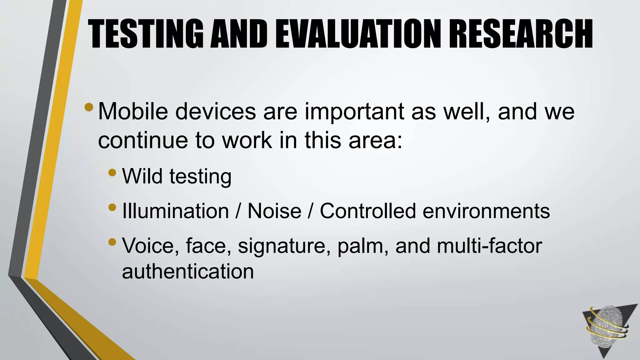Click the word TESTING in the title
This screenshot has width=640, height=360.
click(x=146, y=34)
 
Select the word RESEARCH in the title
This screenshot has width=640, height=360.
click(x=520, y=34)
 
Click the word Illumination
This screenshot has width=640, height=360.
click(x=176, y=211)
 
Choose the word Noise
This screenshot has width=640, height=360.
click(x=274, y=211)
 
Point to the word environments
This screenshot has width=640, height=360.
click(x=486, y=211)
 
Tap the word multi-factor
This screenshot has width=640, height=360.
click(x=489, y=246)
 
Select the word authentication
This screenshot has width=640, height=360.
click(x=188, y=271)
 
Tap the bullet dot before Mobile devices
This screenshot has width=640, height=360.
click(x=89, y=107)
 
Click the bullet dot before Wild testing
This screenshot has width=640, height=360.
click(x=112, y=172)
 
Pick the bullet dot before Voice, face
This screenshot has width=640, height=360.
click(x=112, y=242)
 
